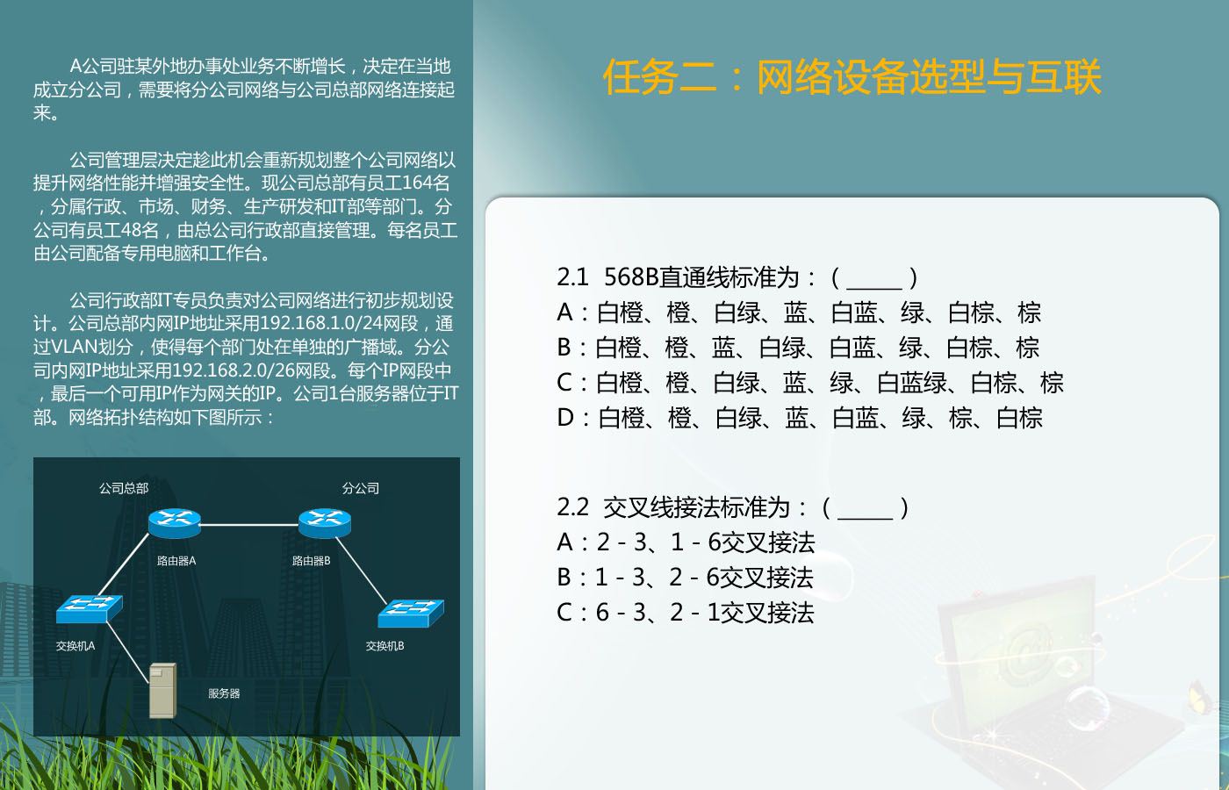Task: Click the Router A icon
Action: (175, 523)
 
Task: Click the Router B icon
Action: (325, 523)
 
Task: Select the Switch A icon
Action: (90, 608)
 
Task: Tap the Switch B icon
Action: (411, 614)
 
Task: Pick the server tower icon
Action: (163, 691)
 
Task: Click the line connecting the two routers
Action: (249, 525)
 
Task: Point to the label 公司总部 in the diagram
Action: (124, 488)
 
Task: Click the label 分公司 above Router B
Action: (361, 488)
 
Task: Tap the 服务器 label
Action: (224, 693)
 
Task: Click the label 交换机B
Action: (385, 646)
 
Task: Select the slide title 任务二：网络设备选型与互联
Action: (852, 77)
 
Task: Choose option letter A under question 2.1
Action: (564, 312)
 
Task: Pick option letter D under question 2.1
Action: (565, 418)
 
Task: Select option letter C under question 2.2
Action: (564, 613)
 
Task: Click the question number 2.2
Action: (572, 507)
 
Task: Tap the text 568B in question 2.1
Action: (631, 277)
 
